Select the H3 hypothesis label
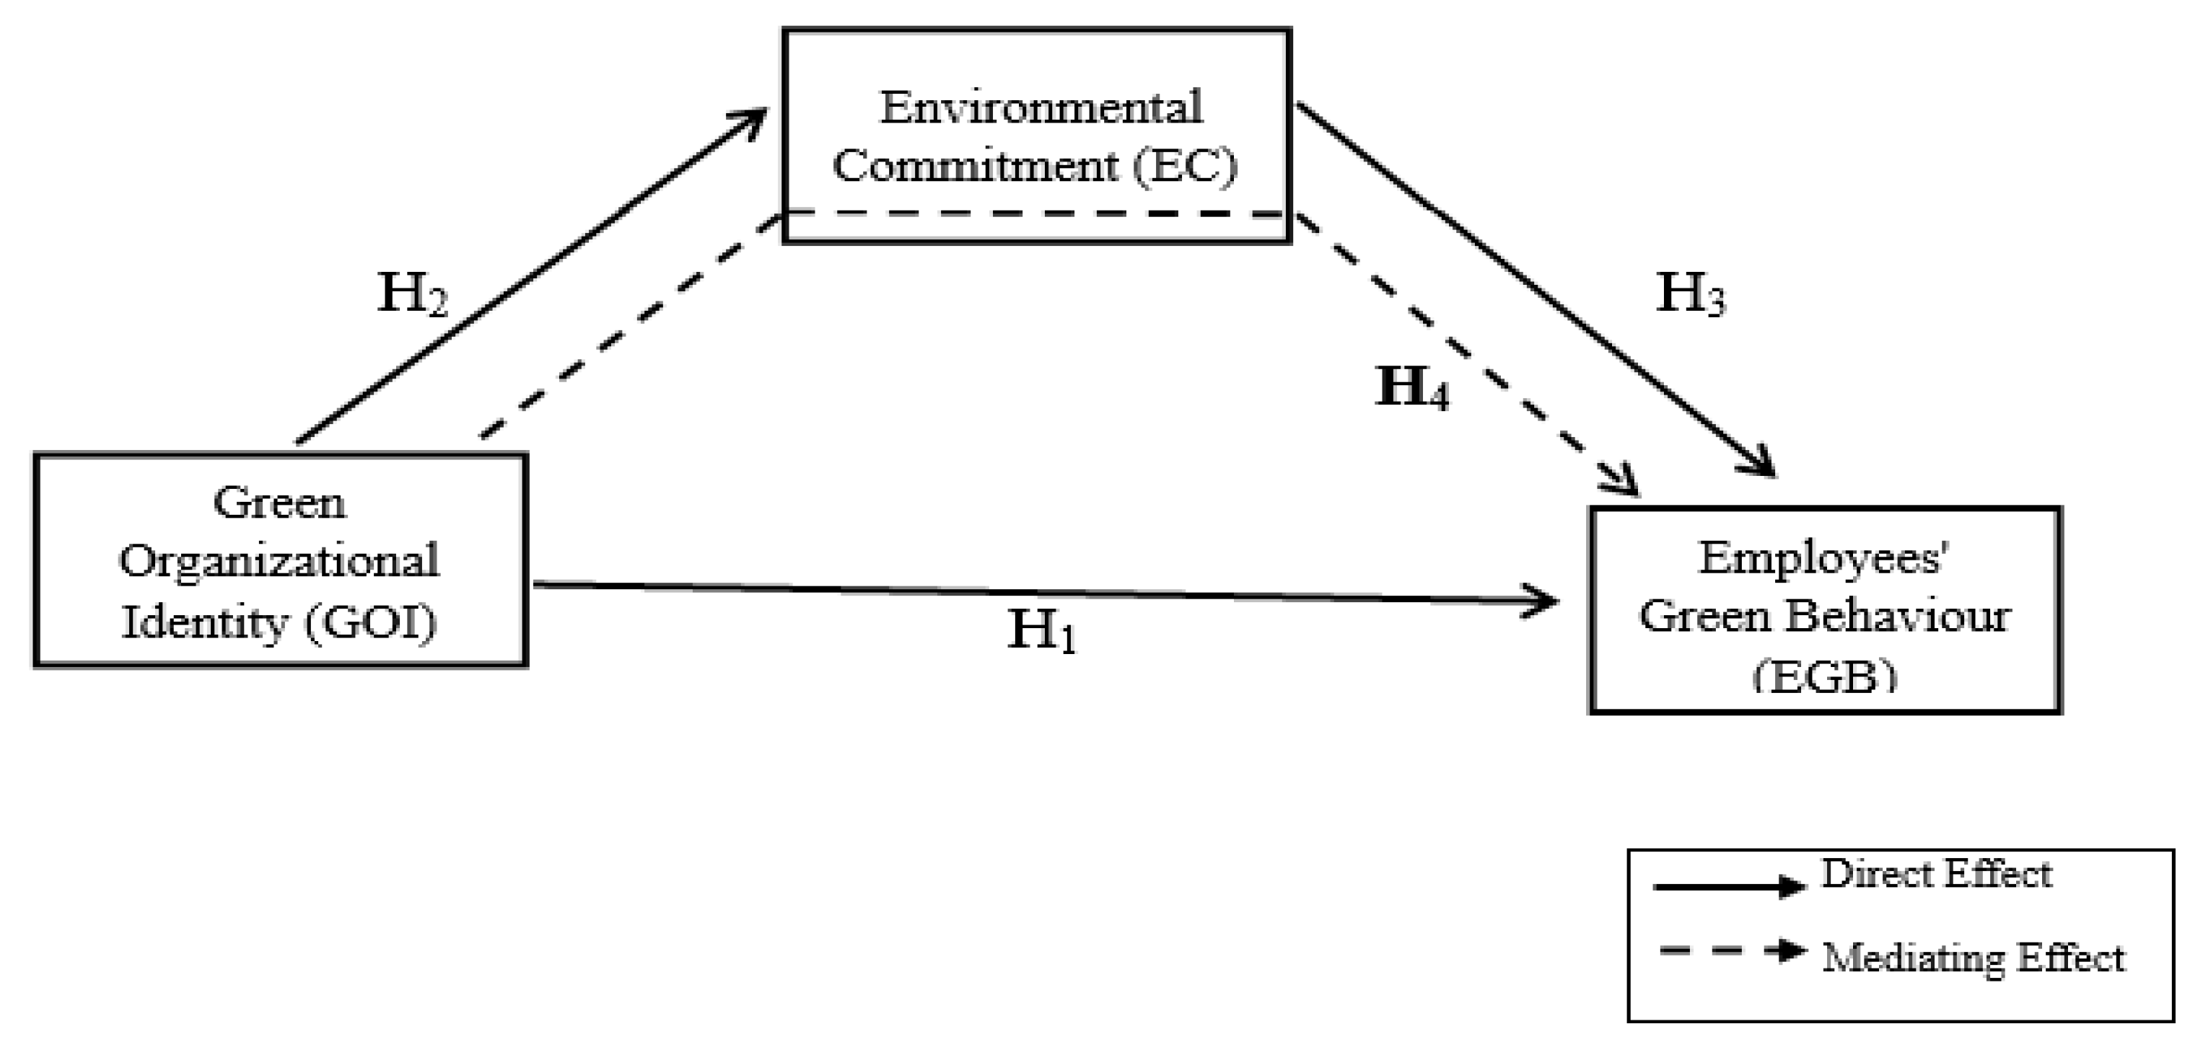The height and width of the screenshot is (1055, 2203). [x=1690, y=294]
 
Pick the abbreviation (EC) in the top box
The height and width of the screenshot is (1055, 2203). [x=1186, y=166]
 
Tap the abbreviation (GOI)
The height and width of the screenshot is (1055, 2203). [x=369, y=622]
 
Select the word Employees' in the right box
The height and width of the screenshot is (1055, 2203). [x=1823, y=559]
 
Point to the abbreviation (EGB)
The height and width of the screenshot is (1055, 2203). [x=1824, y=677]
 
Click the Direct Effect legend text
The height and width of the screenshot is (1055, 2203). [x=1936, y=874]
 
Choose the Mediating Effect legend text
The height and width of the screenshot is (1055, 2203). [x=1973, y=958]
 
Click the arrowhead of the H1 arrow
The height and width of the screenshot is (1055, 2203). [x=1543, y=601]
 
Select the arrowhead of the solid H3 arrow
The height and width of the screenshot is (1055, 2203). [x=1761, y=466]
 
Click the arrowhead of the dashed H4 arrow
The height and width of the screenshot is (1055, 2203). [x=1625, y=485]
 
